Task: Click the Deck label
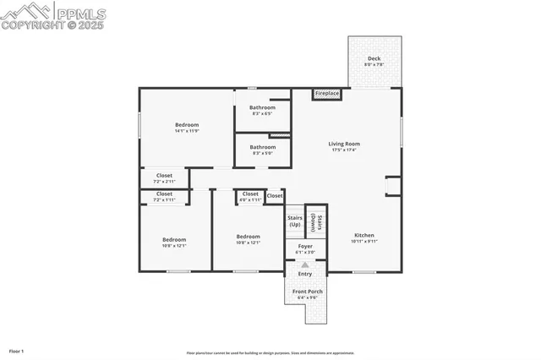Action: (x=373, y=58)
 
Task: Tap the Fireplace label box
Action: (x=327, y=93)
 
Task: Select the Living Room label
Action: (x=344, y=144)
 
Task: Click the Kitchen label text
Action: (x=364, y=235)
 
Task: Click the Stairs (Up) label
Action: (x=294, y=221)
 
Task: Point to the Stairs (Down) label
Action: (x=315, y=221)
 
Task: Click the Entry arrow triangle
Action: (x=305, y=265)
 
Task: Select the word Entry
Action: (x=305, y=274)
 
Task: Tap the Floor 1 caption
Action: (x=16, y=350)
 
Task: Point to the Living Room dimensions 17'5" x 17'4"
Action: (x=344, y=150)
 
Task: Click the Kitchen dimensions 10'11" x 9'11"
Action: (x=364, y=242)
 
